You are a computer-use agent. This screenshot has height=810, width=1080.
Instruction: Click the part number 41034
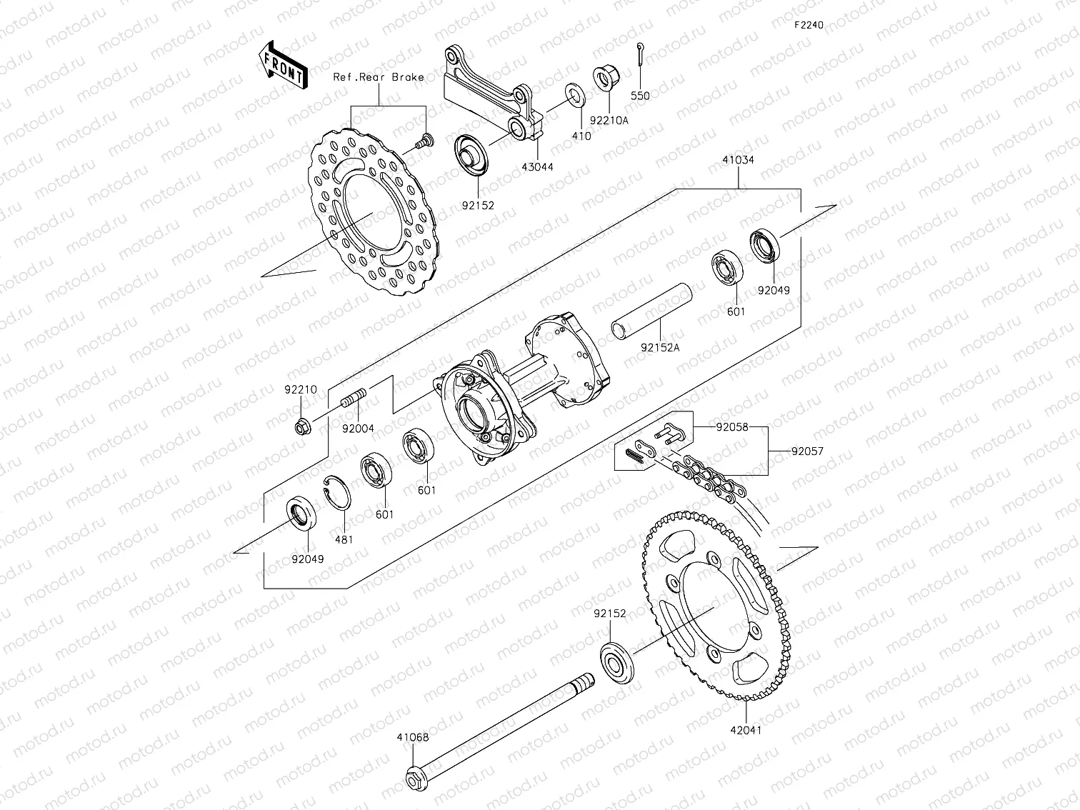pyautogui.click(x=737, y=160)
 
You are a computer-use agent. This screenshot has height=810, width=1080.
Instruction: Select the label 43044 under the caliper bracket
pyautogui.click(x=538, y=167)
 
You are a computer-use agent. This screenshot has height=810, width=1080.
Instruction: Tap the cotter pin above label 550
pyautogui.click(x=639, y=56)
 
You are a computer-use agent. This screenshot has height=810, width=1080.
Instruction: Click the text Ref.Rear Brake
pyautogui.click(x=379, y=77)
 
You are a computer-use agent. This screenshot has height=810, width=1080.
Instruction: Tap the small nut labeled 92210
pyautogui.click(x=301, y=427)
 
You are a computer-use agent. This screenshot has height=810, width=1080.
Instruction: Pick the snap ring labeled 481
pyautogui.click(x=339, y=492)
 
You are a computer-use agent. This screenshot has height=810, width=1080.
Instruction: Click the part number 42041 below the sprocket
pyautogui.click(x=746, y=731)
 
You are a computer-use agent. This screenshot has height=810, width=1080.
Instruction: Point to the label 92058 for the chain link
pyautogui.click(x=732, y=427)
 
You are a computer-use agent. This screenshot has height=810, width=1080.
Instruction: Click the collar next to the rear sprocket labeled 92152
pyautogui.click(x=614, y=661)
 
